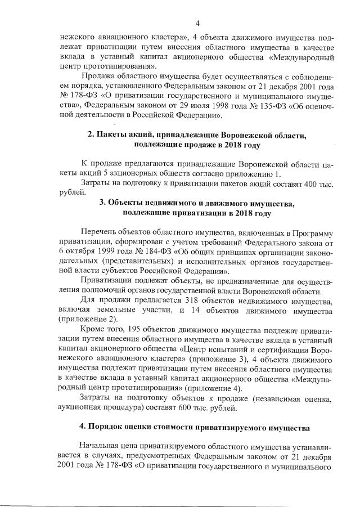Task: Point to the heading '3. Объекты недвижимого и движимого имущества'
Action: pos(196,203)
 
